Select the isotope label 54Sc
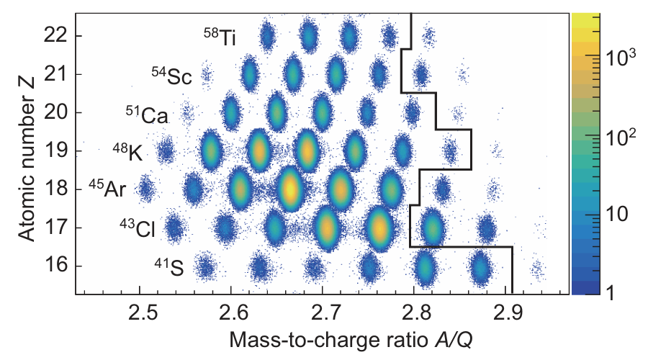tap(171, 76)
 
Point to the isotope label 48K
tap(130, 153)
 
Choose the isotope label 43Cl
tap(138, 229)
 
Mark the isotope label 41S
tap(168, 268)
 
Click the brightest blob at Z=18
tap(289, 189)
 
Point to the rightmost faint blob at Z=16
tap(536, 269)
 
